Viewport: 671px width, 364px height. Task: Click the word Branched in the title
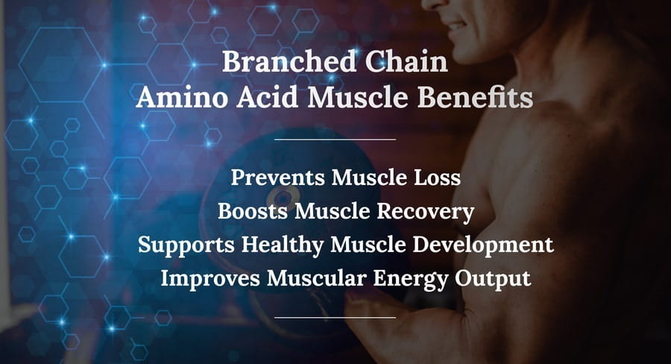(x=289, y=61)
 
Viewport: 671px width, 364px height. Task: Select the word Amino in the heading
(x=182, y=97)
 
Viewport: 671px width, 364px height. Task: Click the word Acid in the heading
(x=267, y=97)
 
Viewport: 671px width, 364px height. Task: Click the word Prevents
(x=277, y=178)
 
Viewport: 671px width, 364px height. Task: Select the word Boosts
(x=252, y=210)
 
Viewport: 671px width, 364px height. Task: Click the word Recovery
(x=426, y=212)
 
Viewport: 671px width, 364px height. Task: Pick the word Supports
(x=186, y=245)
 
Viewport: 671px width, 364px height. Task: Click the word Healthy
(x=283, y=245)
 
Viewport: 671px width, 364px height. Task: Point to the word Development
(x=483, y=245)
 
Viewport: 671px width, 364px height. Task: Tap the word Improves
(x=210, y=278)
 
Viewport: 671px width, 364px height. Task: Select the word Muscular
(x=316, y=278)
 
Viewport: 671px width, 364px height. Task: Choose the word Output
(x=493, y=279)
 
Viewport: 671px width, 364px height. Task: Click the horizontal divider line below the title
(x=335, y=139)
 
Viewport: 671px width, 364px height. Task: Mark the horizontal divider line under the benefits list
(x=335, y=318)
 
